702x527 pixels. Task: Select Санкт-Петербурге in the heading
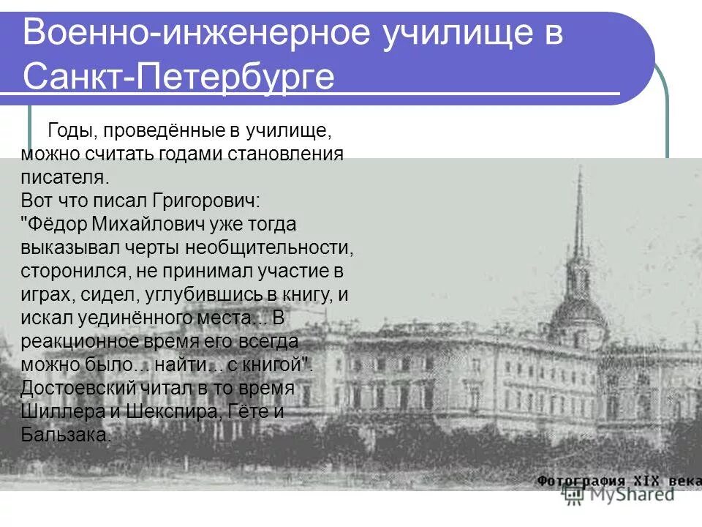pos(178,76)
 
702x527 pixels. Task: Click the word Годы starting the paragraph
pos(72,132)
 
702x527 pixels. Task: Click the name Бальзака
pos(67,435)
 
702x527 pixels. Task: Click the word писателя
pos(64,177)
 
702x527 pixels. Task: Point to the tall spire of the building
pos(578,220)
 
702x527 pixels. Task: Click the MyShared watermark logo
pos(622,495)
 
